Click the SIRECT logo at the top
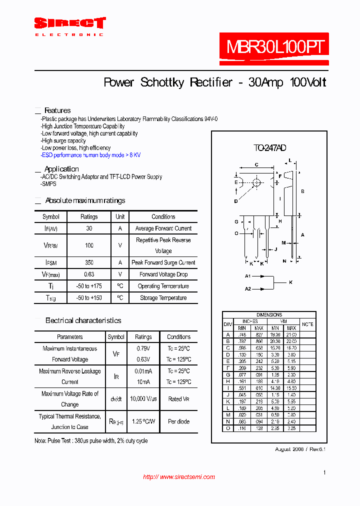pos(69,23)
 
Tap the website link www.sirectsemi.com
pos(179,477)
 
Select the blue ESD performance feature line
pos(91,155)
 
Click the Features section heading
pos(57,110)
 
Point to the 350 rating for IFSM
pos(89,262)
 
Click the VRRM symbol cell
pos(51,245)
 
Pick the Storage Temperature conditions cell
pos(163,298)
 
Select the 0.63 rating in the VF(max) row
pos(89,274)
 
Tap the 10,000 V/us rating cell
pos(143,398)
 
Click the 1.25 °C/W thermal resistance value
pos(143,421)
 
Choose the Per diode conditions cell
pos(178,421)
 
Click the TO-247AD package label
pos(269,147)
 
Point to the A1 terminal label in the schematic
pos(247,276)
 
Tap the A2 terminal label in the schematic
pos(247,288)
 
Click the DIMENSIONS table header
pos(269,315)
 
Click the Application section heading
pos(61,169)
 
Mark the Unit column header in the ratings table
pos(120,217)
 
